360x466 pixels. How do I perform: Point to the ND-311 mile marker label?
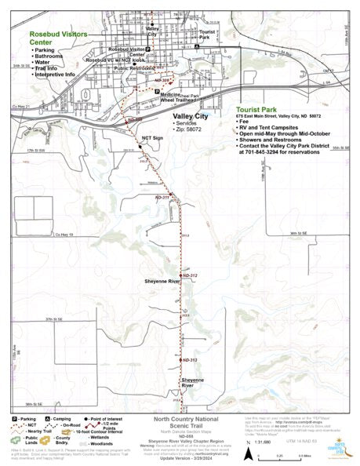162,197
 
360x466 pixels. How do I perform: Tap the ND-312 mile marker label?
189,275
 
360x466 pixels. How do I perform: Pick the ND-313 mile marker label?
189,359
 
